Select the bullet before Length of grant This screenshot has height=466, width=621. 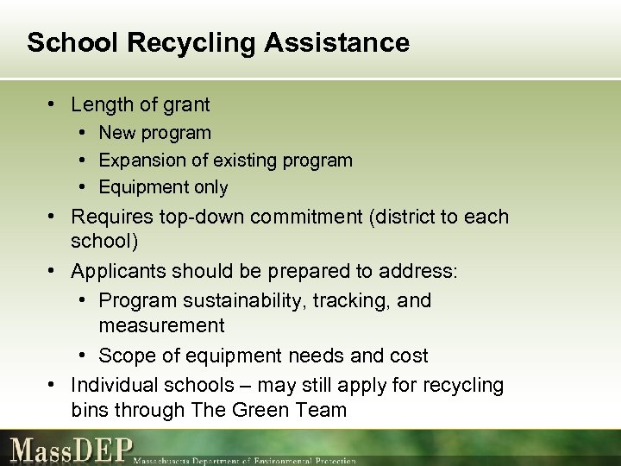tap(53, 105)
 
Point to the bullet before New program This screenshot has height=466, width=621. tap(80, 133)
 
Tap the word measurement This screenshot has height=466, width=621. tap(162, 325)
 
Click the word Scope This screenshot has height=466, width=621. tap(123, 356)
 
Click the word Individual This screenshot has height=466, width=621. tap(110, 384)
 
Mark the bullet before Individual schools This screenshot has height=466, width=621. tap(53, 384)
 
